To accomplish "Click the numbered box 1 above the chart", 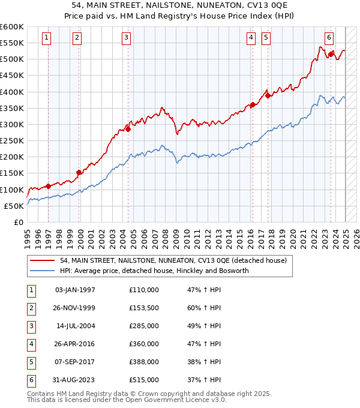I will [x=47, y=37].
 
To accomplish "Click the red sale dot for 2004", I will [x=128, y=128].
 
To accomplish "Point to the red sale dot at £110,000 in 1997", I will [x=48, y=186].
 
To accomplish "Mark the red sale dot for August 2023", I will [x=331, y=54].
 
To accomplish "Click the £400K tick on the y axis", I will [x=13, y=92].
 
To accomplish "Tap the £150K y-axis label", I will [x=13, y=173].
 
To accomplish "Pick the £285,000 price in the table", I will [x=144, y=326].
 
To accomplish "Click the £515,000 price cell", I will [x=144, y=380].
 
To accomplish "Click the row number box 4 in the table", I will [x=30, y=344].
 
